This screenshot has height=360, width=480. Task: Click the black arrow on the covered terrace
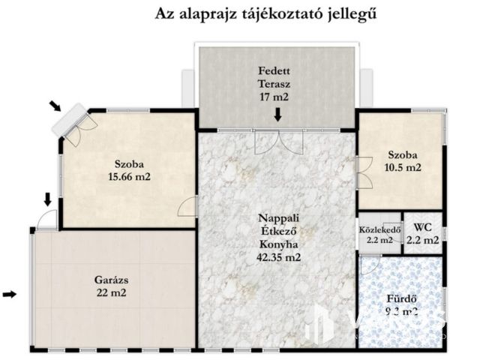point(277,115)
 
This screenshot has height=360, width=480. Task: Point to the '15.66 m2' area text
point(129,178)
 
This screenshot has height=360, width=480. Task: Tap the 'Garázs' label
point(110,280)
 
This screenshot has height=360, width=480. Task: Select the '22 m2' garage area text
point(110,293)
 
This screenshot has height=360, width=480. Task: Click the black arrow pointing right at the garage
point(10,295)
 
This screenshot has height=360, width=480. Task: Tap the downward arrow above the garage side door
point(47,199)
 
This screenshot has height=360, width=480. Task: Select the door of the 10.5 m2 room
point(363,172)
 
